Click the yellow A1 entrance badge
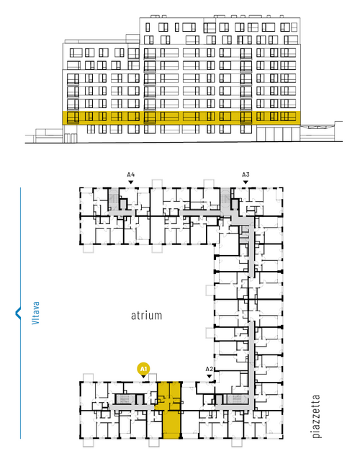click(143, 369)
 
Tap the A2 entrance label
click(209, 369)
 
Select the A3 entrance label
click(246, 175)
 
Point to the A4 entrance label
click(131, 175)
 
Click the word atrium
click(146, 316)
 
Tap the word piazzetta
click(316, 416)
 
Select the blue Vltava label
click(35, 313)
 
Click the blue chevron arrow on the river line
click(18, 313)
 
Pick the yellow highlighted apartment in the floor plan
click(170, 410)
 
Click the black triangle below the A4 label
click(131, 182)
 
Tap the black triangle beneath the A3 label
click(246, 182)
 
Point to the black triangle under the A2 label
click(209, 376)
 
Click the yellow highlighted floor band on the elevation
click(181, 118)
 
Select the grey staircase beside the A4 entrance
click(113, 199)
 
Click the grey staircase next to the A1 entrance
click(125, 399)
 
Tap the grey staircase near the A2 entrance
click(237, 399)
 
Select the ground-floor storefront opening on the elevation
click(278, 134)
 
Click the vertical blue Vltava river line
click(20, 313)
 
